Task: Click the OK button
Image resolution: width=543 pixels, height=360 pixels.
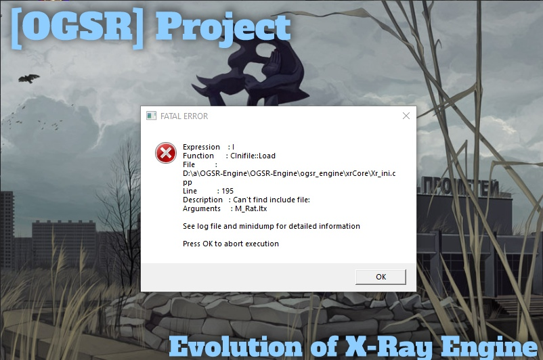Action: (381, 276)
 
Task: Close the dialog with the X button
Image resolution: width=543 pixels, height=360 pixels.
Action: (406, 116)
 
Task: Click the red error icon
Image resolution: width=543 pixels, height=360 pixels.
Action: (165, 153)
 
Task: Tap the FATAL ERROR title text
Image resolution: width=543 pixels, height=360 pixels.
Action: (184, 116)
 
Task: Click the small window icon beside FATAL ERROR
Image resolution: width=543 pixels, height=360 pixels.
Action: (152, 116)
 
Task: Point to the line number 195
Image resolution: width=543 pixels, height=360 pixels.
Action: (227, 191)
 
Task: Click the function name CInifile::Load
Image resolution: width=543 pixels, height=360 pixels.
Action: (253, 156)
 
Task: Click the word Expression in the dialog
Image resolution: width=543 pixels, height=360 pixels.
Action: (201, 147)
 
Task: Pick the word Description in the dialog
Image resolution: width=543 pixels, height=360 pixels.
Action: (202, 200)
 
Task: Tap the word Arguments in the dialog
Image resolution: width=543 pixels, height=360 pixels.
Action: (201, 208)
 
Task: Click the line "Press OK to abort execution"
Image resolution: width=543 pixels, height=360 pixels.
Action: (231, 244)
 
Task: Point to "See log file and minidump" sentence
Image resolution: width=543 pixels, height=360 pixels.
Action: (271, 226)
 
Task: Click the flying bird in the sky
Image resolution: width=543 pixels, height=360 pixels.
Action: (28, 78)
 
